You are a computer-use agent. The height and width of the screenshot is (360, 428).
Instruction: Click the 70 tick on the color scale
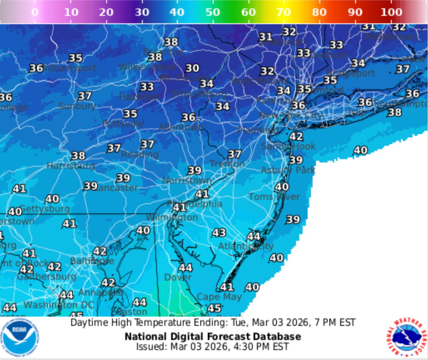(x=284, y=12)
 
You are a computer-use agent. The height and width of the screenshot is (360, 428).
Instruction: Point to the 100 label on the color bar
(x=391, y=12)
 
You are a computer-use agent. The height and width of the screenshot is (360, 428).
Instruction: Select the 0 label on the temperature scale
(x=35, y=12)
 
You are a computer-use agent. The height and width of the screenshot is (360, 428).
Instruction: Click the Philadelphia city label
(x=194, y=204)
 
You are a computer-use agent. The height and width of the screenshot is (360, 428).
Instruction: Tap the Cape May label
(x=219, y=297)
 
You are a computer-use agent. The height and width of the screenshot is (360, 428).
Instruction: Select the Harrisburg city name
(x=70, y=165)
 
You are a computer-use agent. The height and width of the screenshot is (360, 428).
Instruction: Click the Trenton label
(x=227, y=164)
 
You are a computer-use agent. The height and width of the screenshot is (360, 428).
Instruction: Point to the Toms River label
(x=274, y=197)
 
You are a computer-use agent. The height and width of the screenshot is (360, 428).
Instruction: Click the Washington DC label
(x=59, y=305)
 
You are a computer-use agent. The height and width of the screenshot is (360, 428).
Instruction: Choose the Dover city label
(x=178, y=277)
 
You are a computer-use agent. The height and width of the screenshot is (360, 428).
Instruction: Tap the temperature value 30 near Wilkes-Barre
(x=192, y=68)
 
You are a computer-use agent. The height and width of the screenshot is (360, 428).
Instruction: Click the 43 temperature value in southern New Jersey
(x=219, y=232)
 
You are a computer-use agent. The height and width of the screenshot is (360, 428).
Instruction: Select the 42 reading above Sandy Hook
(x=296, y=136)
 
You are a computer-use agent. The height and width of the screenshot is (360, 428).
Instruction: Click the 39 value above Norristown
(x=194, y=170)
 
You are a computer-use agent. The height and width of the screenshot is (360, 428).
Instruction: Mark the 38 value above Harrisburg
(x=78, y=156)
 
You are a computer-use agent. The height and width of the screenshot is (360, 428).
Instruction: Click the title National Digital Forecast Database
(x=213, y=336)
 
